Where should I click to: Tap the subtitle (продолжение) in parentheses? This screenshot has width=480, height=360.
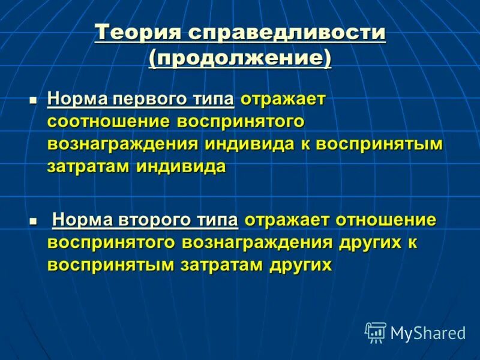(x=240, y=59)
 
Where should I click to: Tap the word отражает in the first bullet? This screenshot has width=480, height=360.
(x=282, y=98)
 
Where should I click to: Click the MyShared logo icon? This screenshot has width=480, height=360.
(x=376, y=332)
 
